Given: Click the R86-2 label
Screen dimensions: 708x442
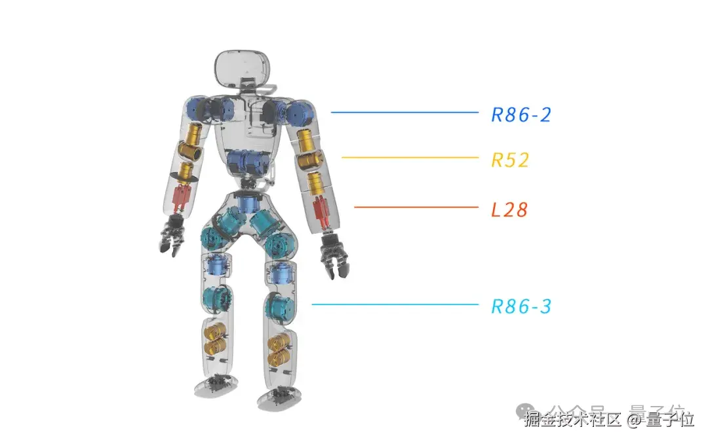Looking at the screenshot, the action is (521, 115).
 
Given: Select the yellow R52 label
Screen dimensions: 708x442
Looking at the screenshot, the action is (510, 160).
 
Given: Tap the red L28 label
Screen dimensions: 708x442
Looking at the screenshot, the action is (509, 210).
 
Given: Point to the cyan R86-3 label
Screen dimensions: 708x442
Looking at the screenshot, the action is (521, 306).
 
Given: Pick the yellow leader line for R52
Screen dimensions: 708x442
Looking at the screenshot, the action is (410, 158).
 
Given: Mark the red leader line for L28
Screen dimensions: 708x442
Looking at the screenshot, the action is (416, 208).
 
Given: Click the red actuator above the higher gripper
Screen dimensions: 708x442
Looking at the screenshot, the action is (182, 195).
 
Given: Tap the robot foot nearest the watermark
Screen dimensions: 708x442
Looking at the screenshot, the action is (278, 397).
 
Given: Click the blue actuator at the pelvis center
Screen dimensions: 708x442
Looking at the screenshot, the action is (247, 202).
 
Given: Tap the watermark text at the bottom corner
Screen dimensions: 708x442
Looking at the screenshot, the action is (609, 417).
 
